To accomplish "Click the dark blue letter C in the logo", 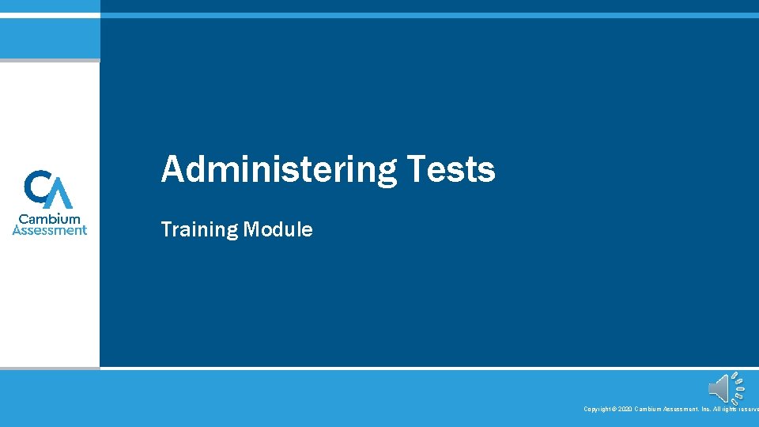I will click(38, 187).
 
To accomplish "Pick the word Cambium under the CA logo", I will click(50, 219).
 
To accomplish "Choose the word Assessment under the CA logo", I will click(50, 230).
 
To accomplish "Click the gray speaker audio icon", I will click(719, 388).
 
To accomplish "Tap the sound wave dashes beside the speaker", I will click(738, 388).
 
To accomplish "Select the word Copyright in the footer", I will click(597, 409).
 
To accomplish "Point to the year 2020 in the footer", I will click(625, 409).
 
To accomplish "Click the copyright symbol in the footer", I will click(614, 409).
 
